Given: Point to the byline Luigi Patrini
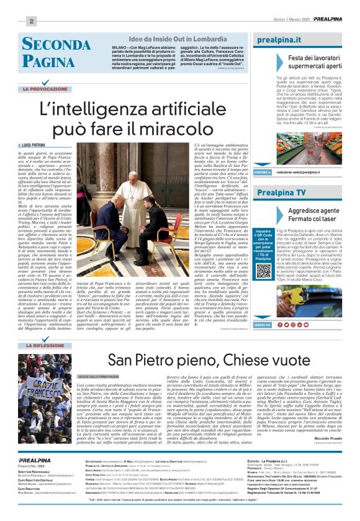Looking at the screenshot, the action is coord(37,144).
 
